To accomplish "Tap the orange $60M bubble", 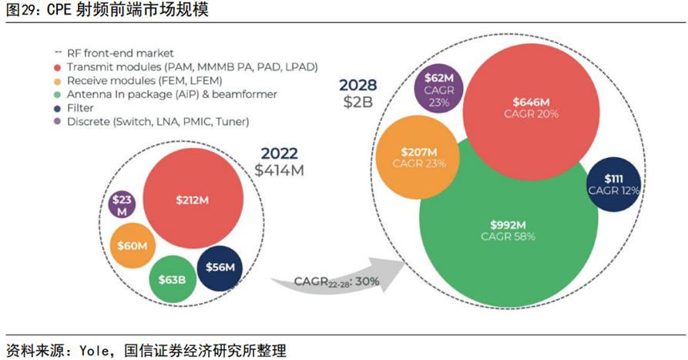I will coord(133,245).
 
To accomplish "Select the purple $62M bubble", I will coord(438,90).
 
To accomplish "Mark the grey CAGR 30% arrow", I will coord(339,281).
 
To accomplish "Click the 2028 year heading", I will coord(357,84).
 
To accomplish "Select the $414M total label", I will coord(279,170).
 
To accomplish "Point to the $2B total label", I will coord(357,101).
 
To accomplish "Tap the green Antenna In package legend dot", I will coord(58,94).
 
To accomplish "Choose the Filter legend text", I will coord(80,108).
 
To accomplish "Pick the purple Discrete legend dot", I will coord(58,122).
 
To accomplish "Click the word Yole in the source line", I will coord(96,351).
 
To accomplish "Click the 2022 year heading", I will coord(279,153).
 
